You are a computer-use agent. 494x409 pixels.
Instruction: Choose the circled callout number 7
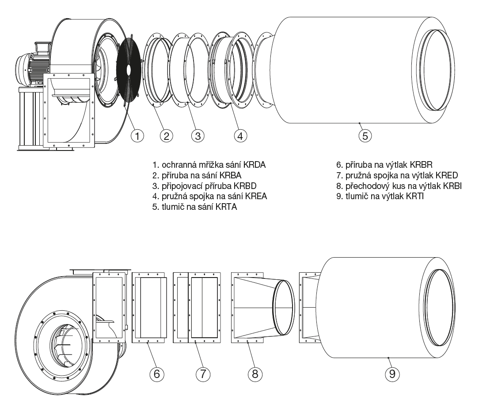click(202, 374)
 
